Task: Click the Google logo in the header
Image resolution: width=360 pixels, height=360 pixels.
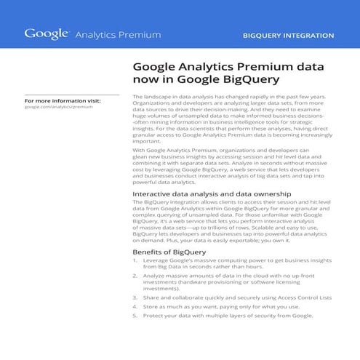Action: [47, 33]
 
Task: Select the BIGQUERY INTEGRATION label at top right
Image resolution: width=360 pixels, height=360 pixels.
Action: [288, 35]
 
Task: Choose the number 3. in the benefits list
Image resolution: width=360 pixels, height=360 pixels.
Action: [135, 297]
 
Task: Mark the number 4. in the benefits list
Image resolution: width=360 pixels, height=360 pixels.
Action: [135, 307]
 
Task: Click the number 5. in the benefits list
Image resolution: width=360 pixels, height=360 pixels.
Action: [135, 316]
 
